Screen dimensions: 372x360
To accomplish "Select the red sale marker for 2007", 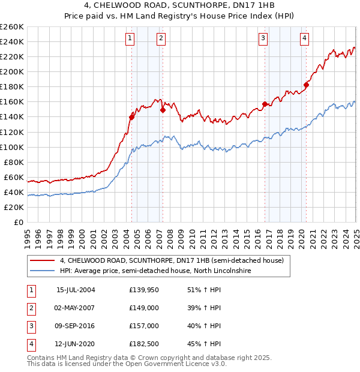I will click(162, 110).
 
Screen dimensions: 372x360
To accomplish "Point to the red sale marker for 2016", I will click(265, 104).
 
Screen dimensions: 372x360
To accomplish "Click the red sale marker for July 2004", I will click(131, 117).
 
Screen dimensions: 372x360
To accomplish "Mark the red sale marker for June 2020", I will click(306, 85).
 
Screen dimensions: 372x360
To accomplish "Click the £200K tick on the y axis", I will click(12, 71).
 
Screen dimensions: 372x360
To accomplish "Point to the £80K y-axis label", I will click(14, 162).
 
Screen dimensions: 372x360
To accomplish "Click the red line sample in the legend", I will click(41, 260).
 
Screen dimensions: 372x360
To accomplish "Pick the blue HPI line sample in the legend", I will click(41, 271).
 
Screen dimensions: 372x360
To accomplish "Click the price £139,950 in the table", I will click(143, 290).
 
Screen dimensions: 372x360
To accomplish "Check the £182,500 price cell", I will click(143, 344).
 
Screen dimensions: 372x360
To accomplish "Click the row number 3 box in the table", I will click(30, 326).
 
